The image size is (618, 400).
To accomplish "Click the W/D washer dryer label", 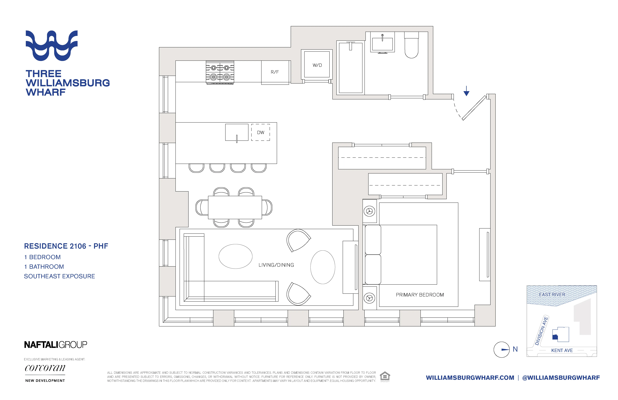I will click(317, 65).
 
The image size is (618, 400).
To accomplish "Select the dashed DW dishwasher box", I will click(260, 132).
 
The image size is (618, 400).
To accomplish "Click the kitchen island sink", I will click(237, 132).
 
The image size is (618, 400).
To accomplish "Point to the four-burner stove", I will click(220, 72).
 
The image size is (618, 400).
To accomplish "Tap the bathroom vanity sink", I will click(382, 44).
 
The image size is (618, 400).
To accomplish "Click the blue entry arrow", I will click(466, 91).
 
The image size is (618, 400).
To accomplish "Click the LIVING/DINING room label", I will click(276, 265).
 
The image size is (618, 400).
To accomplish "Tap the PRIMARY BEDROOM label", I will click(420, 295).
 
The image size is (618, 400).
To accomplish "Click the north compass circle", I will click(501, 350).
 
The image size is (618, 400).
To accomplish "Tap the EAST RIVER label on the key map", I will click(552, 295).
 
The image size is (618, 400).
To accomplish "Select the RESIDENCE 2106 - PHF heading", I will click(66, 246).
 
